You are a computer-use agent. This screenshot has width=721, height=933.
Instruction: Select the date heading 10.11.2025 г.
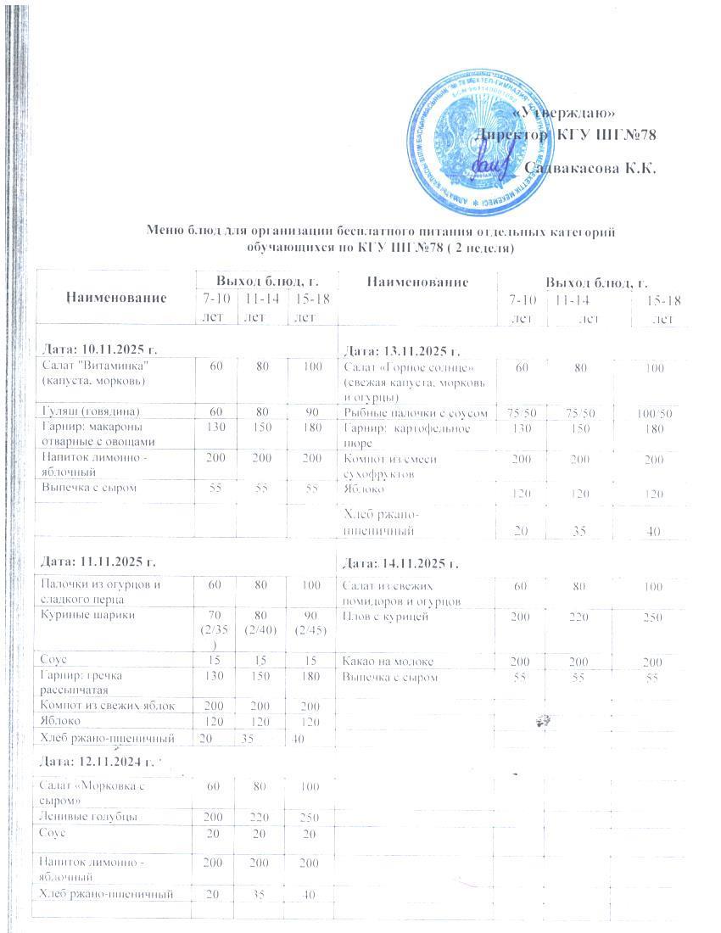[100, 350]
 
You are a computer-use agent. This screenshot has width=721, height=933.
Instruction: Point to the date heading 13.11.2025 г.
[400, 350]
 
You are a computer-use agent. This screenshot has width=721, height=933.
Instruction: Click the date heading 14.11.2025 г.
[400, 563]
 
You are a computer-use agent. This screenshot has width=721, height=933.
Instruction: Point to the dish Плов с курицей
[381, 617]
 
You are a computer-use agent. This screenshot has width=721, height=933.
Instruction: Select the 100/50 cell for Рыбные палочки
[655, 413]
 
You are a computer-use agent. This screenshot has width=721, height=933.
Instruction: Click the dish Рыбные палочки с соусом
[416, 413]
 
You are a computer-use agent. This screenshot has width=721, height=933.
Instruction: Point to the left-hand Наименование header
[116, 297]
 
